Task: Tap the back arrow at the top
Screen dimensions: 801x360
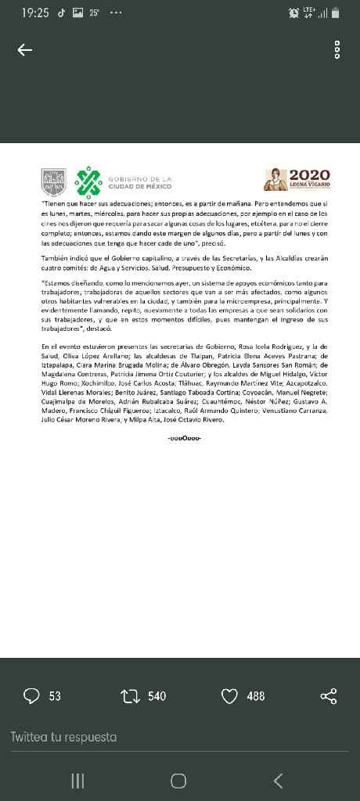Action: [25, 50]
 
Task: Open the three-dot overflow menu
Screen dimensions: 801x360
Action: [337, 50]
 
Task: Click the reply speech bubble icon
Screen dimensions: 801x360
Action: [31, 695]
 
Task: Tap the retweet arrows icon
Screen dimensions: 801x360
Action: [129, 695]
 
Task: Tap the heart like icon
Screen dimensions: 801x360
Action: [229, 695]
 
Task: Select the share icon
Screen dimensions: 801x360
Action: [329, 695]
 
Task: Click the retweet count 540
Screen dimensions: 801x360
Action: [157, 695]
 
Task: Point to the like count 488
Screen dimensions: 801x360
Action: [256, 695]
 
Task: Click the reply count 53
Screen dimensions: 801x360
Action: [55, 695]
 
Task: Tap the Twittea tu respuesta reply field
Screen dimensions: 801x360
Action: [64, 737]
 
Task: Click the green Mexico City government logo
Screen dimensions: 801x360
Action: [88, 183]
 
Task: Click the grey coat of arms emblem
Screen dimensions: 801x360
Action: [53, 183]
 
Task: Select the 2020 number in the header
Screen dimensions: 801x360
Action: [310, 176]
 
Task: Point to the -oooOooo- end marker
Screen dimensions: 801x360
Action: [185, 437]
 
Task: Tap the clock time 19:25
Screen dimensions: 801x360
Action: [35, 13]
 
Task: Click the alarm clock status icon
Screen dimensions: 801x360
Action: [294, 13]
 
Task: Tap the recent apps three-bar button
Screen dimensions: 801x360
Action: [77, 780]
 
